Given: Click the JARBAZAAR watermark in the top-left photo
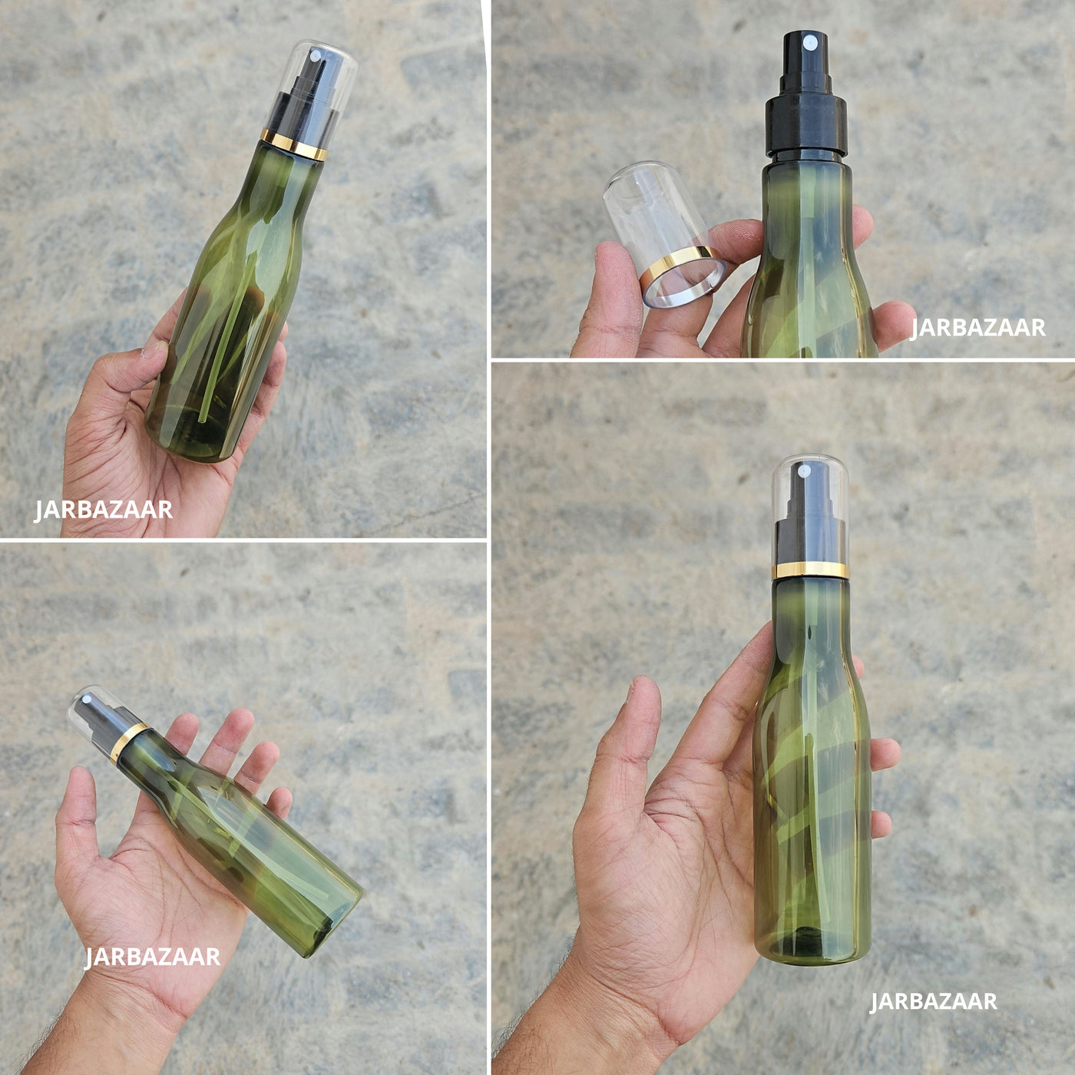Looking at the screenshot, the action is click(x=104, y=510).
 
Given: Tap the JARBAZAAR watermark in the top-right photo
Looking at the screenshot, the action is click(x=978, y=327).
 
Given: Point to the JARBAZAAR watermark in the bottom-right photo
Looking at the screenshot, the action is click(x=933, y=1001).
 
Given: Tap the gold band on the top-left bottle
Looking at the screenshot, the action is click(x=293, y=144).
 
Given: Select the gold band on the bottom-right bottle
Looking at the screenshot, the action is click(x=810, y=571).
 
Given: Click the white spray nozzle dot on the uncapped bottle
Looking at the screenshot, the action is click(x=809, y=41).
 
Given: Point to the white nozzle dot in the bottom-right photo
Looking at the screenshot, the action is click(x=804, y=471).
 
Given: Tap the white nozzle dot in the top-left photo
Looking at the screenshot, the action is click(x=315, y=55).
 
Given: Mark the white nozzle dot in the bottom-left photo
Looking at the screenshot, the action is click(x=86, y=699).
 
